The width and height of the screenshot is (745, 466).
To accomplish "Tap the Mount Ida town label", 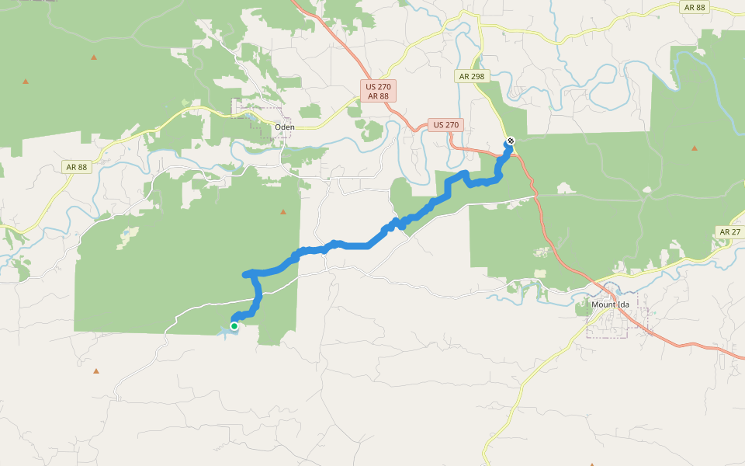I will [610, 304].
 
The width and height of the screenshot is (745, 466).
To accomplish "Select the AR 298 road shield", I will [471, 76].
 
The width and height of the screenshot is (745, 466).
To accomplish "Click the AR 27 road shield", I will [729, 232].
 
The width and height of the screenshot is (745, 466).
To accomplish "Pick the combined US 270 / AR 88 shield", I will [378, 91].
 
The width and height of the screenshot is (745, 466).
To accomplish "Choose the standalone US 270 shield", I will [446, 124].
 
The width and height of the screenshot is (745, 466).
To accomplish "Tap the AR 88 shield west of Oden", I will [75, 166].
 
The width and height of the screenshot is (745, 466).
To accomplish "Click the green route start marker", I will [234, 326].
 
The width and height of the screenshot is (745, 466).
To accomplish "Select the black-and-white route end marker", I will [510, 141].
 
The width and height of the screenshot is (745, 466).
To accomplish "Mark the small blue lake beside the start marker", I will [223, 332].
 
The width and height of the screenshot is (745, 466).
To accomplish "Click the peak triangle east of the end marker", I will [695, 147].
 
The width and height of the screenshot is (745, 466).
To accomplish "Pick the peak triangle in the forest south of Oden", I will [284, 211].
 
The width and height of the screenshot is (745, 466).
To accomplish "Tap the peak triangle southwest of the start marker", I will [96, 371].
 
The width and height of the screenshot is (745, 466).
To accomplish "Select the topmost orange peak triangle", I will [94, 57].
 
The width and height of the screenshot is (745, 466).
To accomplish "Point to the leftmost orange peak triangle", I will [26, 81].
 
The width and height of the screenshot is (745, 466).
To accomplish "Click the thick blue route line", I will [349, 245].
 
